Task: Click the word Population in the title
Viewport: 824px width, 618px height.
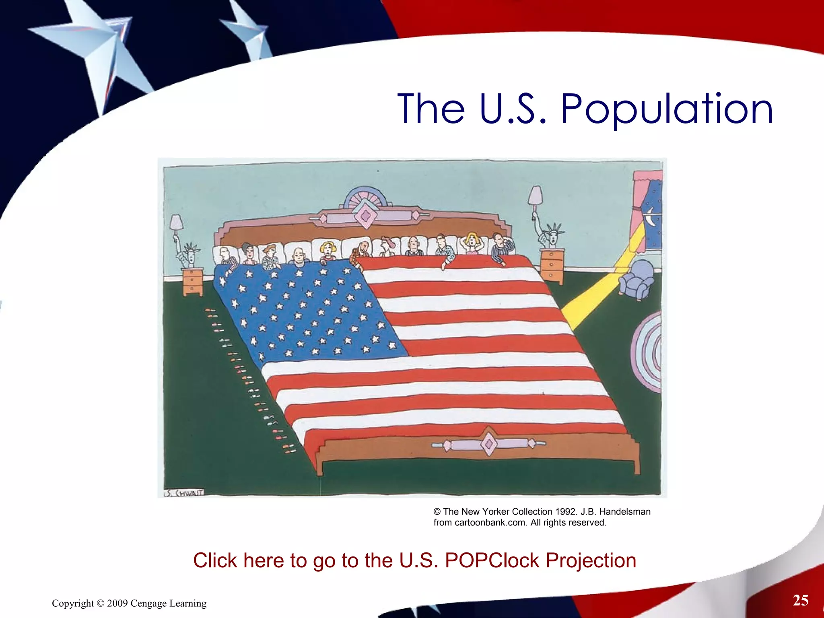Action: pyautogui.click(x=667, y=109)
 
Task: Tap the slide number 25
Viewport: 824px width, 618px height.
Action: pyautogui.click(x=800, y=600)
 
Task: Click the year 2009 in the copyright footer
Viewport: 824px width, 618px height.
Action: pyautogui.click(x=117, y=604)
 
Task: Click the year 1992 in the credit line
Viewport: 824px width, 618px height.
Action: pyautogui.click(x=566, y=511)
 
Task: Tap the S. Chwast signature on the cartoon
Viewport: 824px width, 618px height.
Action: pyautogui.click(x=184, y=493)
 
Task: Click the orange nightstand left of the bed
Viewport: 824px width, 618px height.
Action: pyautogui.click(x=192, y=282)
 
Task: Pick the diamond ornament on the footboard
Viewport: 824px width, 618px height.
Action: pyautogui.click(x=489, y=444)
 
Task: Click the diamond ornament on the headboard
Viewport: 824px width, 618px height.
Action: pyautogui.click(x=365, y=216)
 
